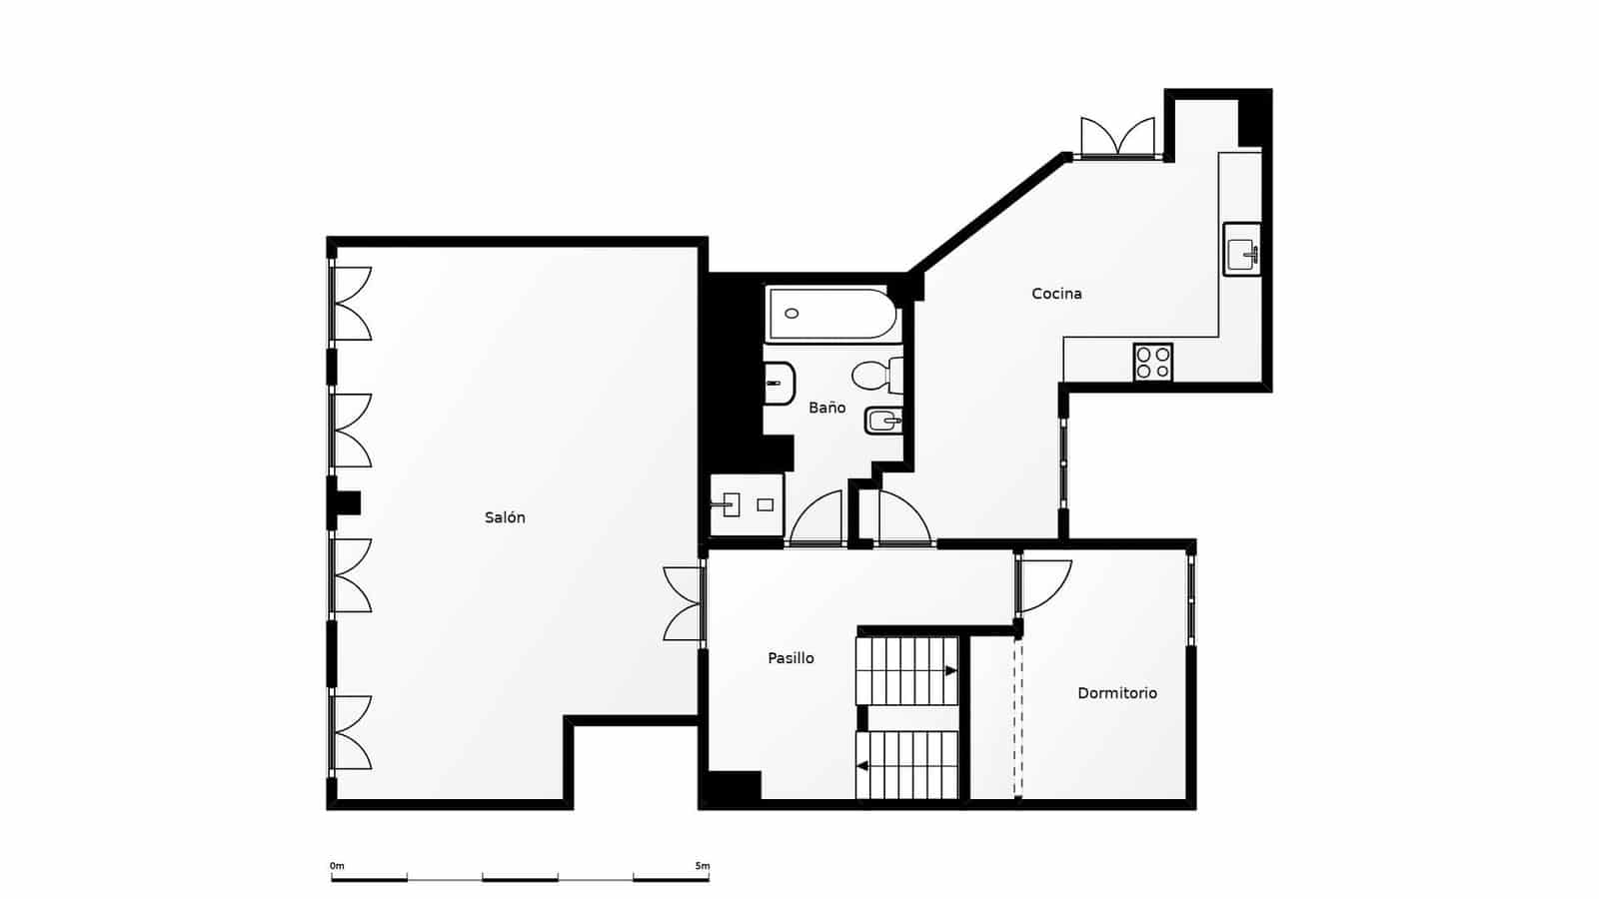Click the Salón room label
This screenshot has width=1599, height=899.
tap(505, 517)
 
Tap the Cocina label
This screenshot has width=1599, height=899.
tap(1056, 294)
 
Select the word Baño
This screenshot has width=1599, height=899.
tap(826, 408)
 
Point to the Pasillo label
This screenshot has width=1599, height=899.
tap(791, 658)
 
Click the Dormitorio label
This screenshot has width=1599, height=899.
tap(1117, 693)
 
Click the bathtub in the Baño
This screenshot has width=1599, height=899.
tap(831, 314)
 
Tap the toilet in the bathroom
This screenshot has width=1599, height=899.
tap(877, 376)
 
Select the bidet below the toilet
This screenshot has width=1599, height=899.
tap(883, 422)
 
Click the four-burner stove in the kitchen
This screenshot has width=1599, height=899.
tap(1153, 362)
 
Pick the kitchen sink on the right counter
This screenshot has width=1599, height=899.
tap(1243, 250)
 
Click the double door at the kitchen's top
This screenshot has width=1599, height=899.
tap(1117, 137)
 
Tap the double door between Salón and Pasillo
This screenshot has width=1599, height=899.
tap(685, 603)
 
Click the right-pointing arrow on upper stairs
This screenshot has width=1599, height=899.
tap(951, 671)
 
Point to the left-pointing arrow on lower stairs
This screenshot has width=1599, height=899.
tap(861, 766)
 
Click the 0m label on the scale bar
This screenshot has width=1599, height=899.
tap(337, 865)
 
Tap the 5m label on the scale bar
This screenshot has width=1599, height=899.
tap(703, 865)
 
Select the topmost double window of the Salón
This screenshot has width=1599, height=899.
tap(351, 304)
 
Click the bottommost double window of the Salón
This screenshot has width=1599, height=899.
tap(351, 732)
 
